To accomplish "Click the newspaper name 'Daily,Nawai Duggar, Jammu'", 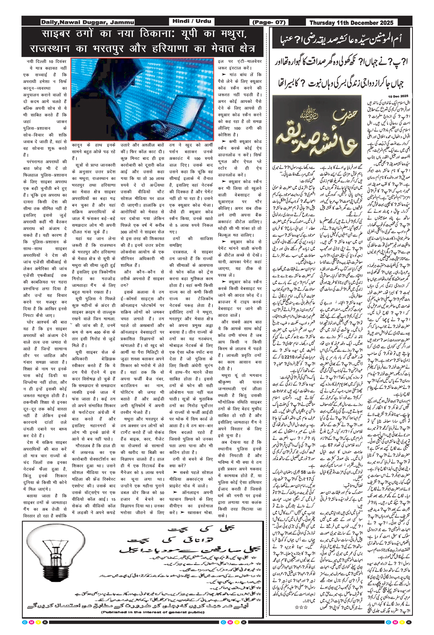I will coord(87,22).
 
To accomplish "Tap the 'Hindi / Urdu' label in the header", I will coord(192,21).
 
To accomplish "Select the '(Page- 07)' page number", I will coord(269,22).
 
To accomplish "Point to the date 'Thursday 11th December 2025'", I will coord(351,23).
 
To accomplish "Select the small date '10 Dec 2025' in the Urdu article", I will coord(398,96).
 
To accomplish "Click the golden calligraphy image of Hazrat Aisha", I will coord(317,128).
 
